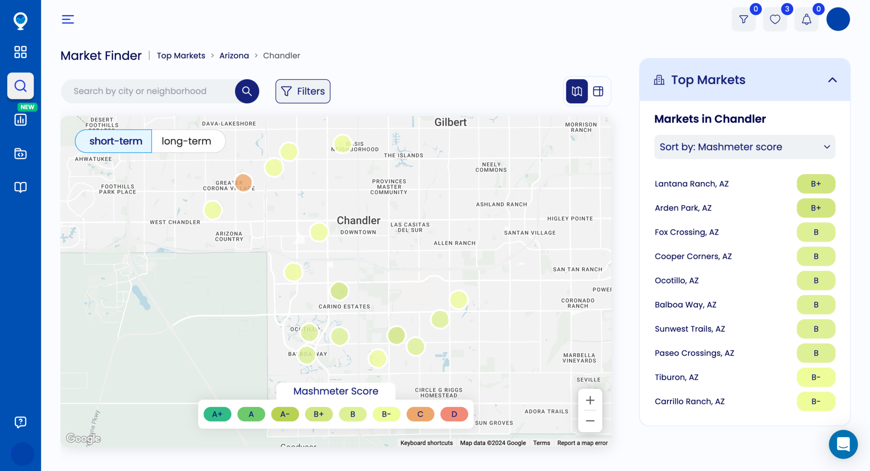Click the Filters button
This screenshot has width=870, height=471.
pyautogui.click(x=303, y=91)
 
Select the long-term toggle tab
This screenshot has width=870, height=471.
pyautogui.click(x=186, y=141)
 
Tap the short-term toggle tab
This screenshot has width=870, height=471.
pyautogui.click(x=116, y=141)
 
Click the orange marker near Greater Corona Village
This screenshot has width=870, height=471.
pyautogui.click(x=243, y=182)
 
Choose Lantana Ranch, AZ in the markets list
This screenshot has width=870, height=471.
pyautogui.click(x=692, y=184)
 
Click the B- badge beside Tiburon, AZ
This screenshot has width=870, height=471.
pyautogui.click(x=816, y=377)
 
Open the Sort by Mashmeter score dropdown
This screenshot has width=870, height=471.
pyautogui.click(x=745, y=147)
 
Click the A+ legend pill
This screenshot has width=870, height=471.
pyautogui.click(x=217, y=414)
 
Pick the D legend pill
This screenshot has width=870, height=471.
pyautogui.click(x=454, y=414)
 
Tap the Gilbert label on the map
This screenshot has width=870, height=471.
pyautogui.click(x=450, y=122)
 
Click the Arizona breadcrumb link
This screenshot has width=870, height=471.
pyautogui.click(x=234, y=56)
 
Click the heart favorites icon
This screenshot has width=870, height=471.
pyautogui.click(x=775, y=20)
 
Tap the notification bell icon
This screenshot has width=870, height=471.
pyautogui.click(x=806, y=20)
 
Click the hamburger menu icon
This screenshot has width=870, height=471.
pyautogui.click(x=68, y=20)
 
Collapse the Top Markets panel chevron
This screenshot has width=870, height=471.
pyautogui.click(x=832, y=80)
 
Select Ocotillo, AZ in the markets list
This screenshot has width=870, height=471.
pyautogui.click(x=677, y=281)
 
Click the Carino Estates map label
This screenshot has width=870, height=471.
pyautogui.click(x=345, y=306)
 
